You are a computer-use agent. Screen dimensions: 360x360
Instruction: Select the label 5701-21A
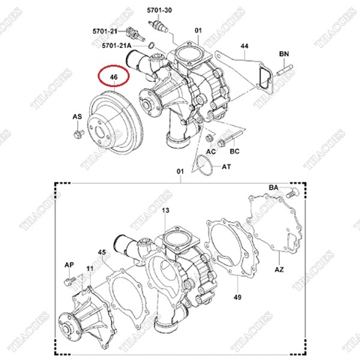[120, 46]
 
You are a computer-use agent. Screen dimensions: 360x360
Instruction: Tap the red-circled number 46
[113, 76]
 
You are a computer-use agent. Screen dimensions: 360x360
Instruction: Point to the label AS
[77, 118]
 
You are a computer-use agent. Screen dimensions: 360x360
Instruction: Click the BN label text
[283, 54]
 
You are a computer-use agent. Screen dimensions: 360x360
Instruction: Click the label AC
[211, 151]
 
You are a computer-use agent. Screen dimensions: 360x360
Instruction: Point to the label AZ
[278, 268]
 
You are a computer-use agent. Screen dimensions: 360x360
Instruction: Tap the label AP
[68, 265]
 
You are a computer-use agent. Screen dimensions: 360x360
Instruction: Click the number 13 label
[166, 211]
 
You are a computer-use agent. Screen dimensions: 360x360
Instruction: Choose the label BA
[273, 187]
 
